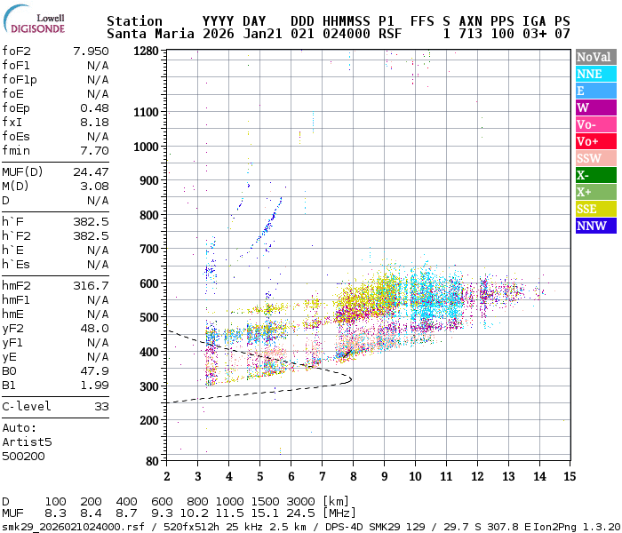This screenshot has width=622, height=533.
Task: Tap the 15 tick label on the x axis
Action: pos(568,475)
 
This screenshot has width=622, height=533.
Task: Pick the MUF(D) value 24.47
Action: pos(91,171)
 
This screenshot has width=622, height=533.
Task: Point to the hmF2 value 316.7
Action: pos(91,285)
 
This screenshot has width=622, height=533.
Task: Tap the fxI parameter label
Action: pos(12,122)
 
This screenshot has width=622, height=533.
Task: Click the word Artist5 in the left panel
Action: pos(27,442)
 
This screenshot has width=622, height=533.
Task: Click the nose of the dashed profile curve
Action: pos(351,379)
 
